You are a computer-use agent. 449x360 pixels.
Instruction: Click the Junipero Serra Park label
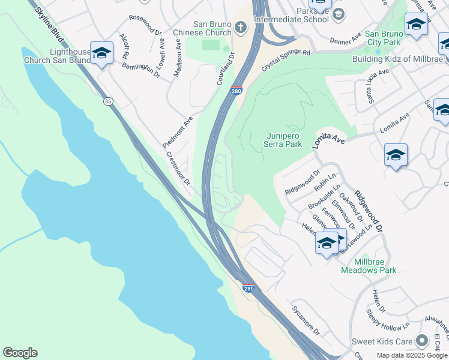pos(283,140)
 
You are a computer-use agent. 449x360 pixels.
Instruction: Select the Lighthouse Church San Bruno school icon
pos(101,53)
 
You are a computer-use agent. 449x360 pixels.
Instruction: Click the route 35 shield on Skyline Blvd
pos(108,101)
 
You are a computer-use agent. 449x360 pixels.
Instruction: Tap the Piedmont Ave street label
pos(178,132)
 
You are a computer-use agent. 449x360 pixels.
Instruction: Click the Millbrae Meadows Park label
pos(369,266)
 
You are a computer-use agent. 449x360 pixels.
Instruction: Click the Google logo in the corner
pos(20,353)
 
